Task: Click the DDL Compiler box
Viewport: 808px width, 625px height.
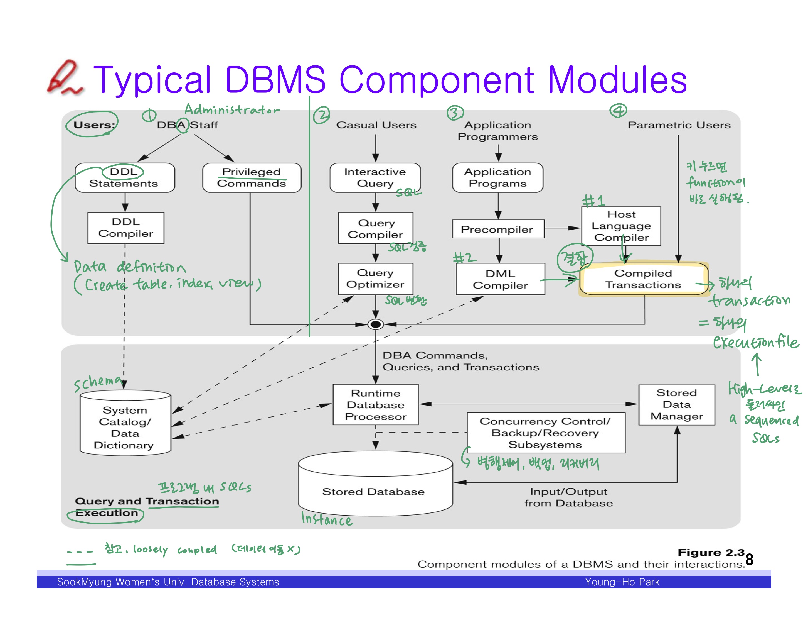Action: (126, 228)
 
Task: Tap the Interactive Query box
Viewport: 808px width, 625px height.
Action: (375, 178)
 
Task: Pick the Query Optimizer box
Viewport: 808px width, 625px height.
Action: (375, 279)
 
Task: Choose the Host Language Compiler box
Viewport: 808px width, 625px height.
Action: (621, 226)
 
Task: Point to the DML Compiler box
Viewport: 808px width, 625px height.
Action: (500, 279)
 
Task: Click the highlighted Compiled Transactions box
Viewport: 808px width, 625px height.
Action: (643, 279)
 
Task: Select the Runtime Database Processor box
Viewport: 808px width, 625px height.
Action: (376, 405)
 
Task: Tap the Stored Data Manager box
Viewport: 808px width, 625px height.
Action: (677, 405)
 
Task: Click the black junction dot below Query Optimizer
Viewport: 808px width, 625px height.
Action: (376, 325)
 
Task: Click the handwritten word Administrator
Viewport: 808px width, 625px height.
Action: (232, 109)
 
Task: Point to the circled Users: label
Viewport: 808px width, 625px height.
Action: (93, 125)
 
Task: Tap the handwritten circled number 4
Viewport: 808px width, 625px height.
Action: (618, 110)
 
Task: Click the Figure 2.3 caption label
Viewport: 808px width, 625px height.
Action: (711, 552)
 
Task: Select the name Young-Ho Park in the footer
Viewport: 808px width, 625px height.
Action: (622, 582)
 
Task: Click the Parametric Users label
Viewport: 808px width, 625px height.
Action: (679, 125)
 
